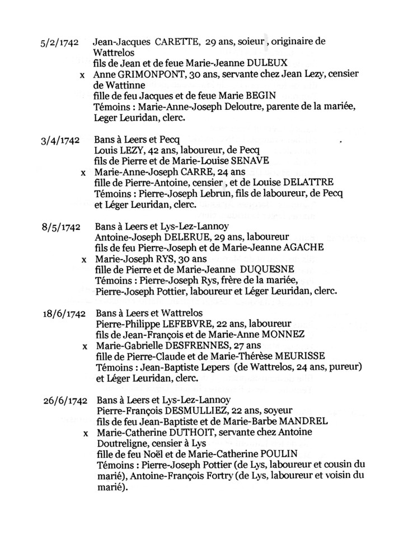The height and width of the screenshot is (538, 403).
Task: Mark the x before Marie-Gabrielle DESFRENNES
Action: [x=85, y=347]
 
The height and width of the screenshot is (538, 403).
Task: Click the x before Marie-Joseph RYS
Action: [x=85, y=260]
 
